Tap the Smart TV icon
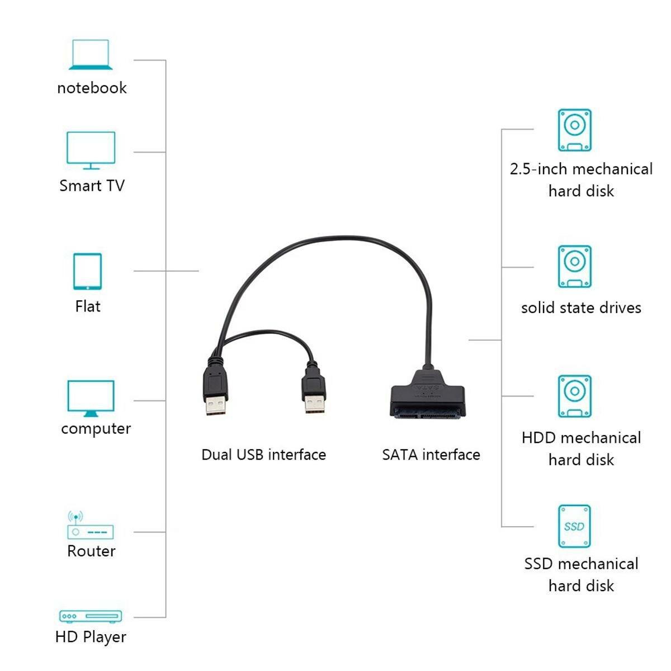(x=91, y=150)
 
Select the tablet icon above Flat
(x=88, y=271)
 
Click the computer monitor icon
(x=91, y=398)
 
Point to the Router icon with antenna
(x=89, y=526)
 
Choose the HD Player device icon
(x=91, y=616)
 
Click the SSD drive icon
(x=574, y=526)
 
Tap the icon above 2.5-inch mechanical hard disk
(x=574, y=130)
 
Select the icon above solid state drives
(x=574, y=266)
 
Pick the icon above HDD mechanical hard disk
(x=574, y=396)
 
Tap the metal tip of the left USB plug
(x=215, y=405)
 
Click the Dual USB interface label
(x=263, y=455)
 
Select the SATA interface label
(x=431, y=455)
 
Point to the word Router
(x=91, y=551)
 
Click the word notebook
(x=92, y=88)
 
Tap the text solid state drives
(x=581, y=308)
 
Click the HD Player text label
(x=91, y=637)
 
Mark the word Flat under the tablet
(x=88, y=306)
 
